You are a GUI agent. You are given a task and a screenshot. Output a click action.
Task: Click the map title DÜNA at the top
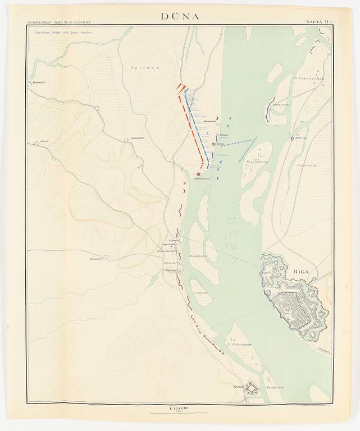[180, 16]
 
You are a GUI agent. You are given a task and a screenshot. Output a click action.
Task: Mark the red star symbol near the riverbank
[199, 173]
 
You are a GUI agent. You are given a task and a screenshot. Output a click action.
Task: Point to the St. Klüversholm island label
[238, 343]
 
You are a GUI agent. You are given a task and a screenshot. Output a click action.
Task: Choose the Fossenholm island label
[256, 161]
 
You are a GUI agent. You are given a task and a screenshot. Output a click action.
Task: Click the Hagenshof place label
[170, 270]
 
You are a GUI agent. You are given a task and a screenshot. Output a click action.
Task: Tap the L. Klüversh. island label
[200, 293]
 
